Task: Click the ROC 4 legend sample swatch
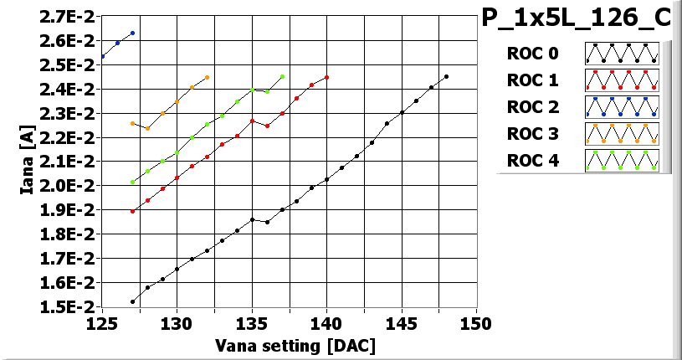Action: (x=622, y=159)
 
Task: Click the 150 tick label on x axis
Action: (x=476, y=323)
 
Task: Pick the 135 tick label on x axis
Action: (x=252, y=323)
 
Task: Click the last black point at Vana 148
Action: (x=446, y=76)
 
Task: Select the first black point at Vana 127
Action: (x=132, y=301)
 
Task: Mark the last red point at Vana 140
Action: (x=326, y=77)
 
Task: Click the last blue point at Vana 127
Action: (x=132, y=33)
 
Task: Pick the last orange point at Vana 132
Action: (x=207, y=77)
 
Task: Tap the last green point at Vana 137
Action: (x=282, y=76)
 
